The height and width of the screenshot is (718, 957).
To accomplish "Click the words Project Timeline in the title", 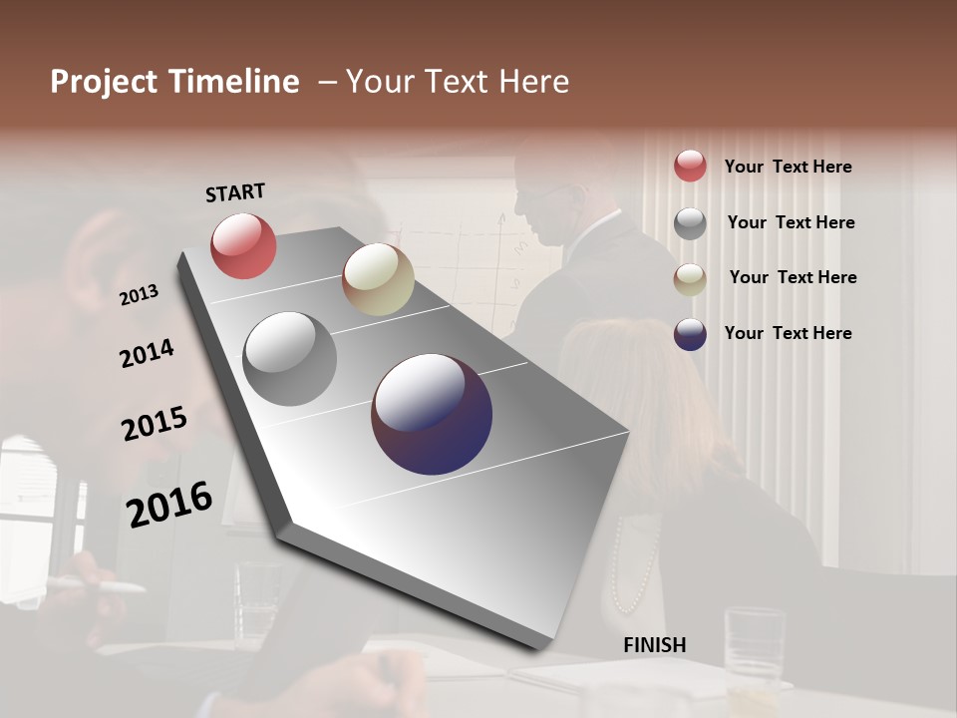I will pyautogui.click(x=174, y=82).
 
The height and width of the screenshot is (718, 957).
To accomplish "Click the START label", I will pyautogui.click(x=235, y=192).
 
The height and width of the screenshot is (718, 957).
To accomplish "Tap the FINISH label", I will pyautogui.click(x=655, y=645).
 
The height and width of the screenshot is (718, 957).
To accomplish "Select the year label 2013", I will pyautogui.click(x=139, y=295).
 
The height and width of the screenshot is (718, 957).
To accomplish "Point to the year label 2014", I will pyautogui.click(x=147, y=354).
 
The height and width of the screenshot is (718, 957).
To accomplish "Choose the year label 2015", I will pyautogui.click(x=155, y=424).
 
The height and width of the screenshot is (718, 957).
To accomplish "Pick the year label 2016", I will pyautogui.click(x=169, y=504).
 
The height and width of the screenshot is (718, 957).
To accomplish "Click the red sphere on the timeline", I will pyautogui.click(x=243, y=245).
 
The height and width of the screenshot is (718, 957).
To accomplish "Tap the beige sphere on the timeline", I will pyautogui.click(x=378, y=279).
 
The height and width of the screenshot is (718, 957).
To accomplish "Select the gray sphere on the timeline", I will pyautogui.click(x=289, y=359).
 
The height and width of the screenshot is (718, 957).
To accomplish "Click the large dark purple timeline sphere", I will pyautogui.click(x=432, y=414).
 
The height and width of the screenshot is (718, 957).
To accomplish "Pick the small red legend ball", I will pyautogui.click(x=690, y=166).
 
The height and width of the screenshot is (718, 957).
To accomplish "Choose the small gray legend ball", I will pyautogui.click(x=690, y=223).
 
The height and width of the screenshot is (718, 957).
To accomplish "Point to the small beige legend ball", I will pyautogui.click(x=690, y=279).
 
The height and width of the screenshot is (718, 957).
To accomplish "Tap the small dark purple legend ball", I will pyautogui.click(x=690, y=334).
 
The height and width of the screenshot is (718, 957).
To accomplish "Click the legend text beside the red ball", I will pyautogui.click(x=788, y=167).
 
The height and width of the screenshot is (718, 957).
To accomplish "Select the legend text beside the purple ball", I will pyautogui.click(x=788, y=333).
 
